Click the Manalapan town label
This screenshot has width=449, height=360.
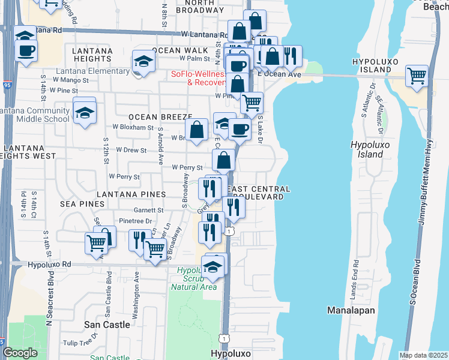pyautogui.click(x=351, y=310)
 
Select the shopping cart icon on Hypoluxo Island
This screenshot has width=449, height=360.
pyautogui.click(x=417, y=76)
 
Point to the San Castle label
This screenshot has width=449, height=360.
pyautogui.click(x=107, y=324)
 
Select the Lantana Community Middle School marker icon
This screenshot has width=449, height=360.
pyautogui.click(x=85, y=112)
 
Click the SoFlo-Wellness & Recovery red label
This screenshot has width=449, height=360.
pyautogui.click(x=198, y=78)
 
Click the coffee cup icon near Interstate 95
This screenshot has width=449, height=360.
pyautogui.click(x=26, y=50)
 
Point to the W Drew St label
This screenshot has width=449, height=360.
pyautogui.click(x=131, y=149)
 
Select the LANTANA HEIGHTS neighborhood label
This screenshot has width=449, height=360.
pyautogui.click(x=92, y=55)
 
